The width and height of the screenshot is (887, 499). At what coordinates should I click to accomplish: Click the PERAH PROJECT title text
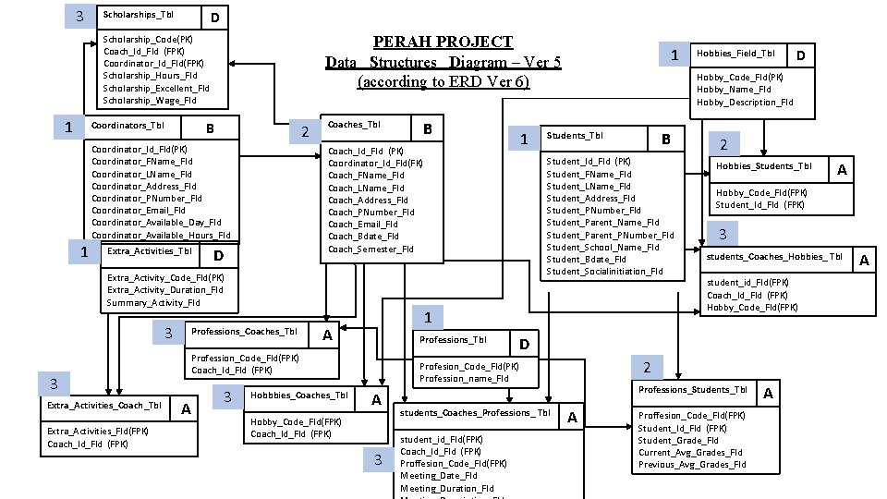pyautogui.click(x=443, y=42)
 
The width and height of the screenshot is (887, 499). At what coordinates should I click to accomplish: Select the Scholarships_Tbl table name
pyautogui.click(x=138, y=15)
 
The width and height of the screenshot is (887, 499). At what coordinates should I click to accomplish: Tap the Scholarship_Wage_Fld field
pyautogui.click(x=149, y=101)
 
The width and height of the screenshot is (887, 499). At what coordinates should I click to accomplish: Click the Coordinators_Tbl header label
pyautogui.click(x=127, y=126)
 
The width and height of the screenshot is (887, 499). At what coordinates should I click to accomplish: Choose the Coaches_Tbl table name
pyautogui.click(x=354, y=125)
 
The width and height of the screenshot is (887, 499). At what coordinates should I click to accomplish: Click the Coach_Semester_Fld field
pyautogui.click(x=371, y=249)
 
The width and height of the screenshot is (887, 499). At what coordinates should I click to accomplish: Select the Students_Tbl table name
pyautogui.click(x=574, y=136)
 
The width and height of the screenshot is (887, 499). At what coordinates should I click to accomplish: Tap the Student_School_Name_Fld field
pyautogui.click(x=602, y=247)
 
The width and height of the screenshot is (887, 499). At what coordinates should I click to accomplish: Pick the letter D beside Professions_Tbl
pyautogui.click(x=523, y=345)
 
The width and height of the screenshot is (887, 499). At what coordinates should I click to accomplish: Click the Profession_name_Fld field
pyautogui.click(x=464, y=378)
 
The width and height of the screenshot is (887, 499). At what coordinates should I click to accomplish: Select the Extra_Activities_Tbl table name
pyautogui.click(x=150, y=251)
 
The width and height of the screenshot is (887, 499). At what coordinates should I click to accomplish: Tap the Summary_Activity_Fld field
pyautogui.click(x=152, y=303)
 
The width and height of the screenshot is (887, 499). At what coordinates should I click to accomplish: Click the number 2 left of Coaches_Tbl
pyautogui.click(x=305, y=133)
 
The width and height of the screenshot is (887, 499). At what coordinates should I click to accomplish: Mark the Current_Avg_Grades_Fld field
pyautogui.click(x=689, y=453)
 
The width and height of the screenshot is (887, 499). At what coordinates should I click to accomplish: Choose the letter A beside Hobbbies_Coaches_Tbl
pyautogui.click(x=375, y=400)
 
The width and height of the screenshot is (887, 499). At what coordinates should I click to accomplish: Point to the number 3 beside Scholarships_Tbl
pyautogui.click(x=80, y=16)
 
